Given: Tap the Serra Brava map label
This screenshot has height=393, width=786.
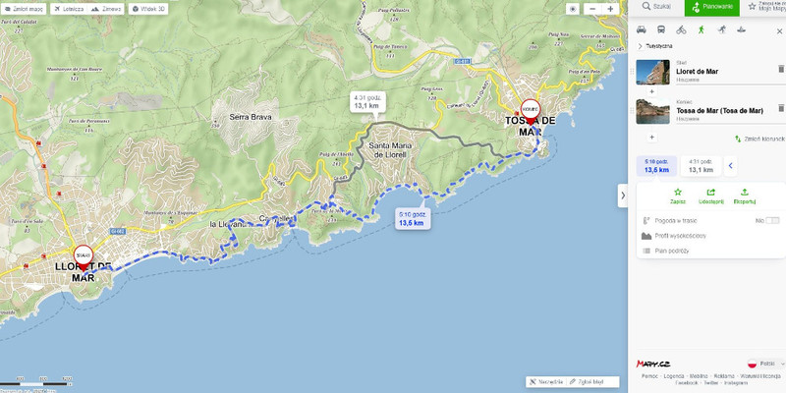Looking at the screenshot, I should pos(250,117).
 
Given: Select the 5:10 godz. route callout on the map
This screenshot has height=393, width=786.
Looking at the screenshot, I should pos(411,218).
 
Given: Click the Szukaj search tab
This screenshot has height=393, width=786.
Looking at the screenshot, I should pos(655,7).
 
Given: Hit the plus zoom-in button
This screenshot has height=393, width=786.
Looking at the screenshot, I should pos(610,8).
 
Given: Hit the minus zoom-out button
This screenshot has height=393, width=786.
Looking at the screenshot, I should pos(592,8).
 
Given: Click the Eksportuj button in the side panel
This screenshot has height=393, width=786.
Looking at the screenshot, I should pos(745,196).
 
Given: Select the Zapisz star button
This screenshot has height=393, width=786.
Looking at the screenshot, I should pos(677,196).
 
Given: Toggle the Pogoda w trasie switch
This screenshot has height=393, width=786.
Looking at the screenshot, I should pos(772,220).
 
